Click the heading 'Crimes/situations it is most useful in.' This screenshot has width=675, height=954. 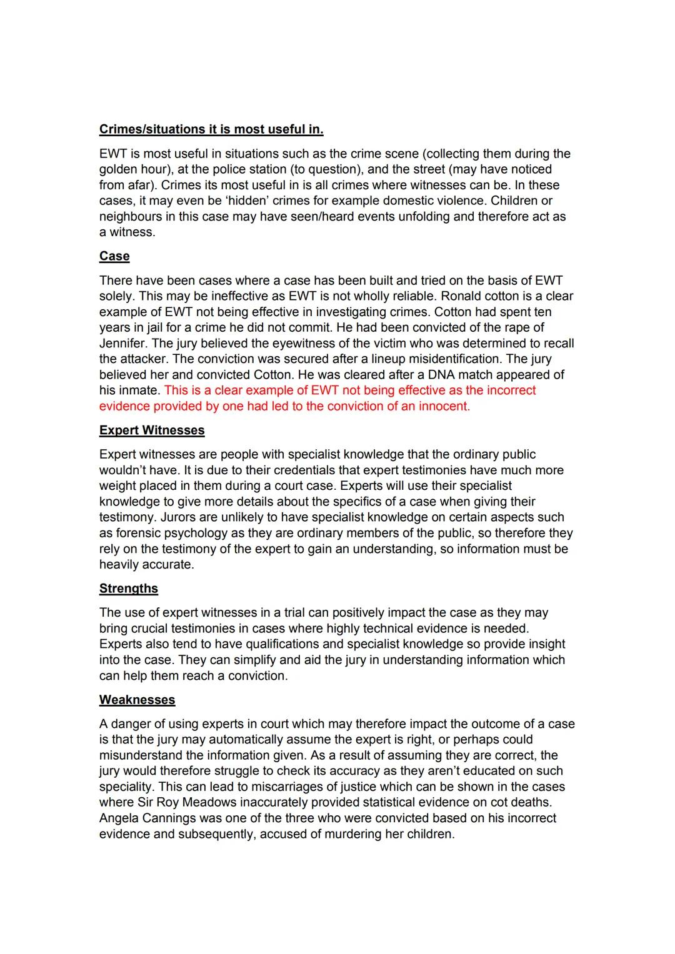pyautogui.click(x=211, y=129)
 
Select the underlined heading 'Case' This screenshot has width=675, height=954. pyautogui.click(x=114, y=256)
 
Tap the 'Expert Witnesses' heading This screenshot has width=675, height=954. pyautogui.click(x=152, y=430)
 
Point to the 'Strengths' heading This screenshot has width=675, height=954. pyautogui.click(x=129, y=589)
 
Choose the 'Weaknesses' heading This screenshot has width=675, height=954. pyautogui.click(x=137, y=700)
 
